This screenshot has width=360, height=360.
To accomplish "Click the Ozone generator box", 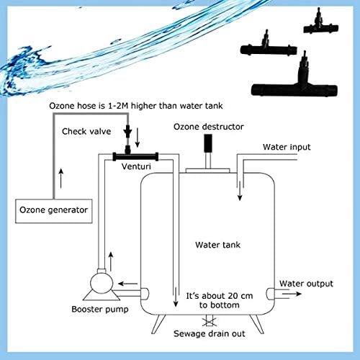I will tap(53, 210).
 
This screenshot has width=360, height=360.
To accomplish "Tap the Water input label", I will tap(286, 148).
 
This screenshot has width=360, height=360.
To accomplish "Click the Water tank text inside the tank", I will tap(218, 244).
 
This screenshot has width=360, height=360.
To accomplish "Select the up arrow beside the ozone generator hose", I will tap(60, 174).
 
